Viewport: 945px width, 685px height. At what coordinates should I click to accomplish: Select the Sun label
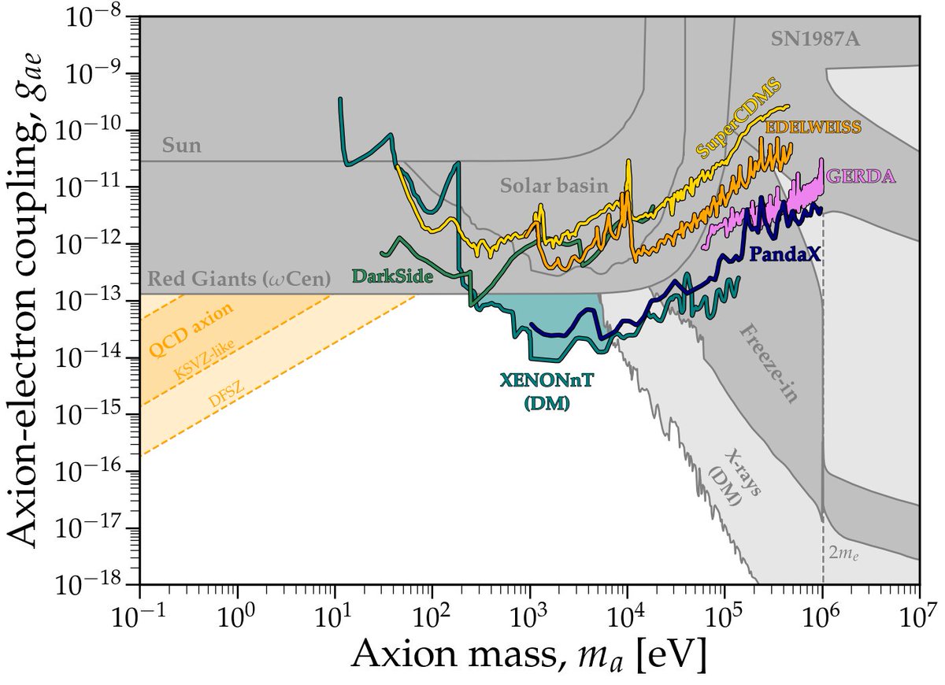coord(181,146)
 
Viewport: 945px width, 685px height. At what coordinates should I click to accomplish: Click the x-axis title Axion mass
coord(528,654)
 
